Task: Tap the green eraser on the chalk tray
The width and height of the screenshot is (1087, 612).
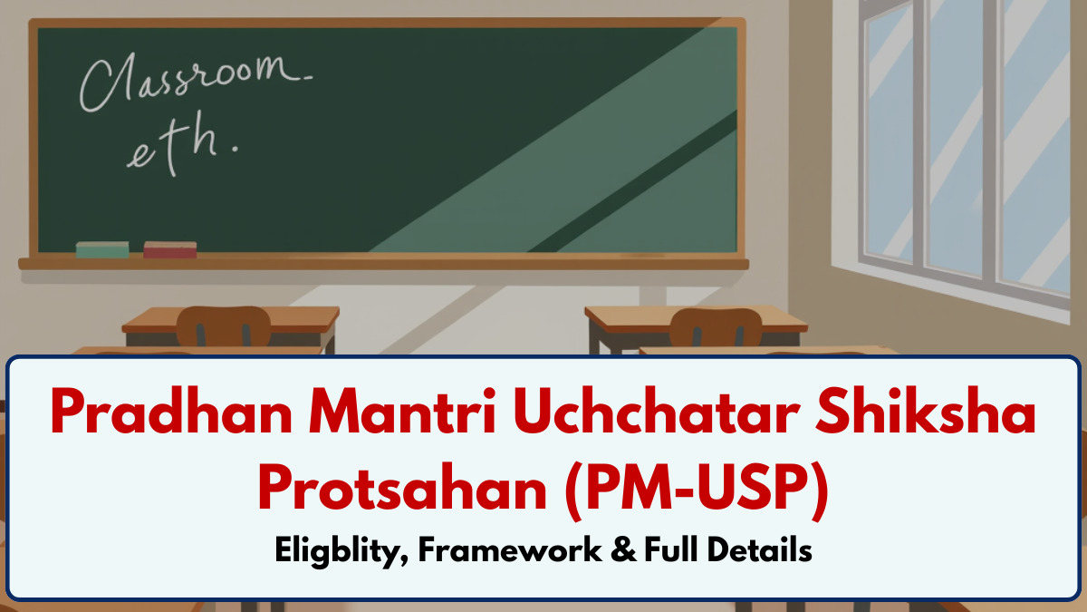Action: (x=102, y=249)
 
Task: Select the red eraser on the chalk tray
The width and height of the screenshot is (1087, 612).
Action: (x=169, y=249)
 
